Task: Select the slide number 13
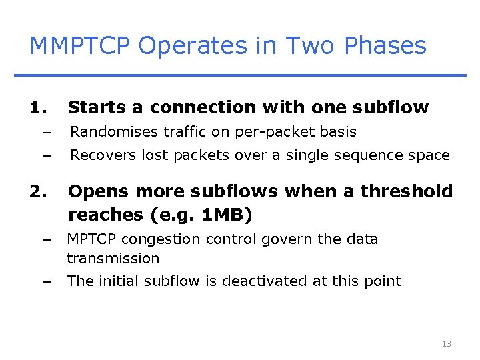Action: point(446,344)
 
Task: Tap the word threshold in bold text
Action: point(407,192)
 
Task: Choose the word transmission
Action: point(113,258)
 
